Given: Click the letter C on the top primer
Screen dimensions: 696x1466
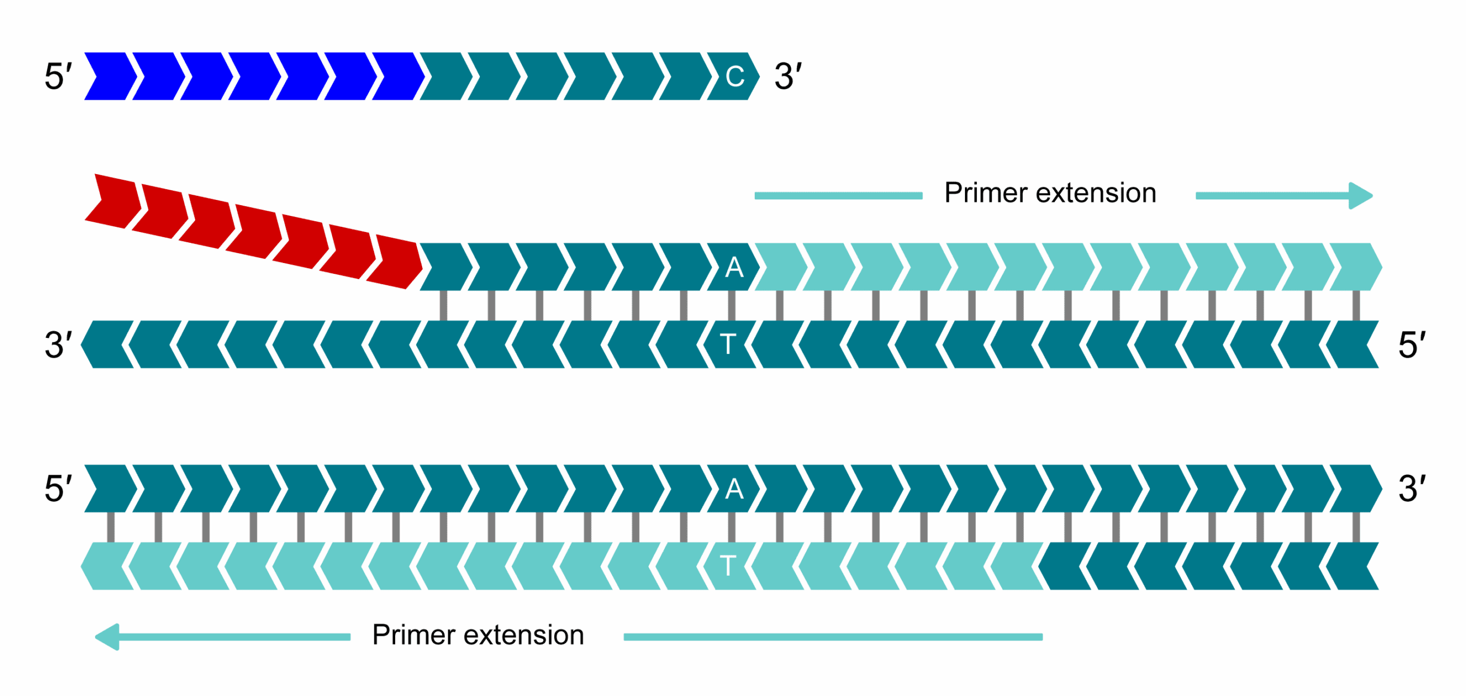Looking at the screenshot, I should coord(734,77).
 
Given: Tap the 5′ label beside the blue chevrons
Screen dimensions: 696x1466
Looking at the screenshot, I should coord(58,77).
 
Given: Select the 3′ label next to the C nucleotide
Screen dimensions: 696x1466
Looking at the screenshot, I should coord(788,77).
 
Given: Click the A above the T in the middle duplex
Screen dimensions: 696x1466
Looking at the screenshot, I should coord(734,268).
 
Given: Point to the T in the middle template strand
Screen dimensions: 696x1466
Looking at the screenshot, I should coord(728,344).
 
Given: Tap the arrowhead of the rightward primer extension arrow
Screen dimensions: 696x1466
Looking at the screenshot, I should coord(1361,196).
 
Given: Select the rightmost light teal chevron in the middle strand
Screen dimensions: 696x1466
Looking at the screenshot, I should coord(1355,267).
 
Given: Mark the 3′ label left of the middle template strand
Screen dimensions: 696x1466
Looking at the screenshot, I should coord(58,345).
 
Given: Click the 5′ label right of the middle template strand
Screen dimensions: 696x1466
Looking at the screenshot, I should coord(1412,345).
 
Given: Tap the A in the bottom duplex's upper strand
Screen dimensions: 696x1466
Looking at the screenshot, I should coord(734,489).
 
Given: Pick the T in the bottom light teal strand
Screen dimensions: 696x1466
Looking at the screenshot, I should coord(728,566).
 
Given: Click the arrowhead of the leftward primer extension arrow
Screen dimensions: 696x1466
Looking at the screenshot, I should coord(108,637).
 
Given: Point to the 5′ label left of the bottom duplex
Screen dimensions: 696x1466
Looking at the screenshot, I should coord(58,489).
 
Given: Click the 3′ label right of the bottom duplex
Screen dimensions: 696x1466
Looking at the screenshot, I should coord(1412,489).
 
